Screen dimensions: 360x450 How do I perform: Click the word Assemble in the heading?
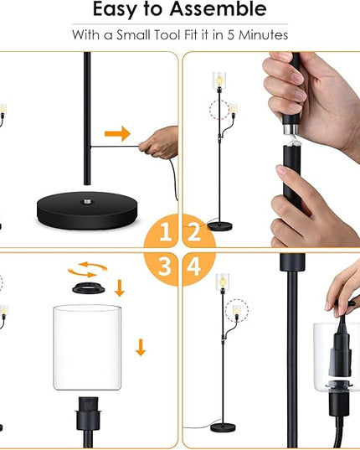pos(219,9)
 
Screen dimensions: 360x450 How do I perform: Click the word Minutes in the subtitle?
pos(264,35)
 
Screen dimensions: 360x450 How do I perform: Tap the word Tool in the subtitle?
pos(167,35)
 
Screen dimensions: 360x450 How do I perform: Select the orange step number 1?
pos(166,231)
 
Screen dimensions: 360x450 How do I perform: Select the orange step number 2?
pos(193,231)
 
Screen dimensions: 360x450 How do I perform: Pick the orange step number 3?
pos(165,266)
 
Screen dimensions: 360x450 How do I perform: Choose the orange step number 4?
pos(193,266)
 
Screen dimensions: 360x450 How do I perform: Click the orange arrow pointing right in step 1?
pos(117,133)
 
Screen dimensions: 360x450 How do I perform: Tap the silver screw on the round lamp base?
pos(86,202)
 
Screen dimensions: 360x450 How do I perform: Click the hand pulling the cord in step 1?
pos(159,142)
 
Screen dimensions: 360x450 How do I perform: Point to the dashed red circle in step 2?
pos(219,109)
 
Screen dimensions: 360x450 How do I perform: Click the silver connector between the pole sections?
pos(290,129)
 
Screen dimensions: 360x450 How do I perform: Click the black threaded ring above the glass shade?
pos(88,288)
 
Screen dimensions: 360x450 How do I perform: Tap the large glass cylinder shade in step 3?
pos(87,348)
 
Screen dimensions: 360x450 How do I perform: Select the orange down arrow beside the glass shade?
pos(141,347)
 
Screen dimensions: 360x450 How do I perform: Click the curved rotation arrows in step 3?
pos(87,270)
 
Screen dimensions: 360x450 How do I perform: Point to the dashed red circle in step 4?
pos(236,311)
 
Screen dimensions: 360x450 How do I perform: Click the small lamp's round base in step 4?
pos(223,427)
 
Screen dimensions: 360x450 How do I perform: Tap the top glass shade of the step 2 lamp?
pos(219,80)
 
